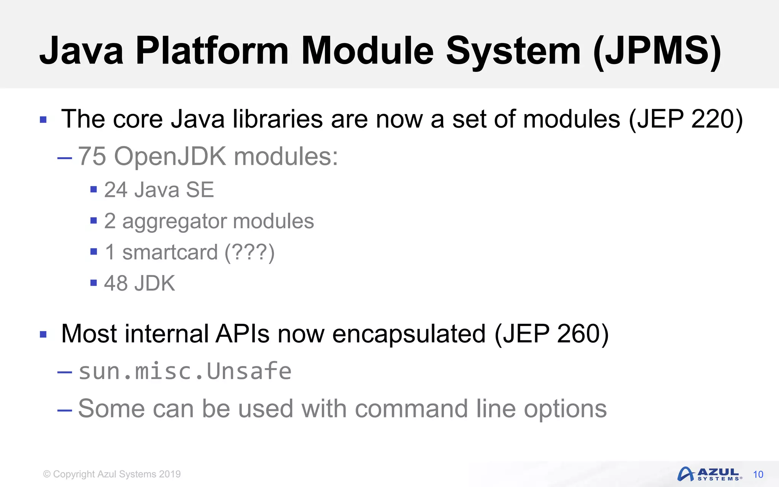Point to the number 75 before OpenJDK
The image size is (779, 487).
[x=92, y=156]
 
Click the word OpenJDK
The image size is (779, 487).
[x=170, y=156]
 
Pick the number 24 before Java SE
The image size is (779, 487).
[x=116, y=190]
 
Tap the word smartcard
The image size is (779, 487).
[x=170, y=252]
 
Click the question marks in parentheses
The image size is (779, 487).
[x=250, y=253]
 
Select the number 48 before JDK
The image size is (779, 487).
[x=116, y=283]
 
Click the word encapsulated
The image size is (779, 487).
[x=409, y=334]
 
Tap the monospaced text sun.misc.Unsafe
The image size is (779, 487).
[x=185, y=371]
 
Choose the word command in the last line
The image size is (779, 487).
[x=411, y=409]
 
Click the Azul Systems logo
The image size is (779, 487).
[x=709, y=474]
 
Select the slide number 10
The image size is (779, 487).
[x=758, y=474]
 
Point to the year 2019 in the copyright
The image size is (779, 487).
[x=170, y=474]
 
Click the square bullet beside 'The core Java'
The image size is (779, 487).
[x=43, y=120]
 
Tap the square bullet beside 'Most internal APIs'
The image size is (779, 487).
[x=43, y=335]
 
